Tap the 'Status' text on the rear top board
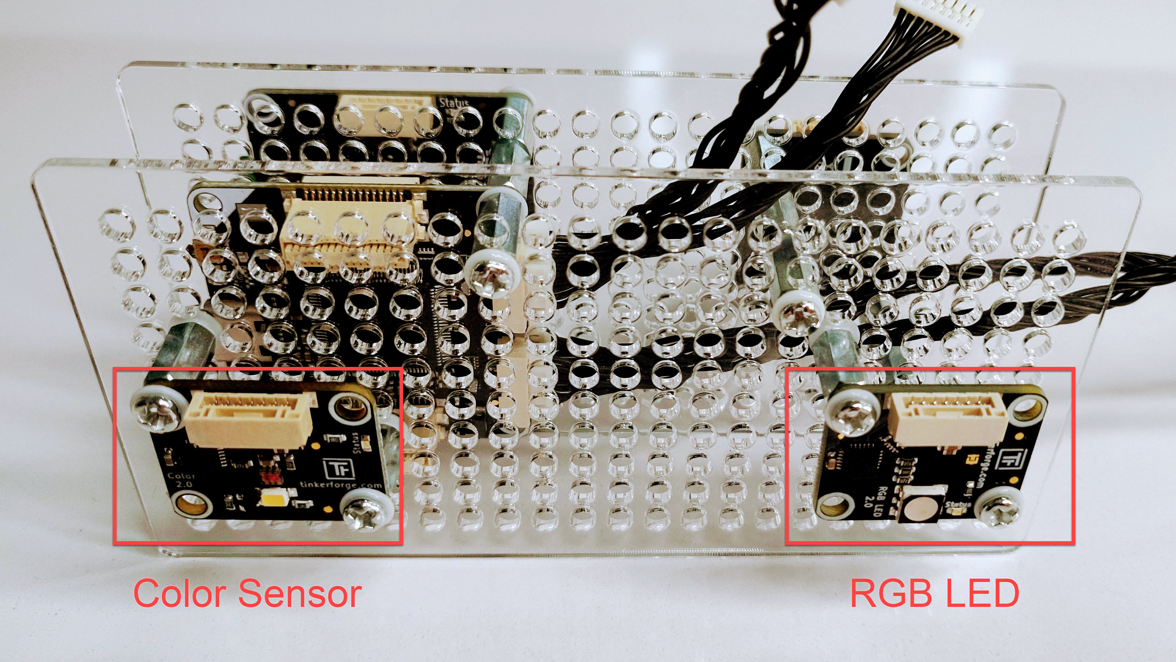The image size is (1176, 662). pos(454,103)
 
